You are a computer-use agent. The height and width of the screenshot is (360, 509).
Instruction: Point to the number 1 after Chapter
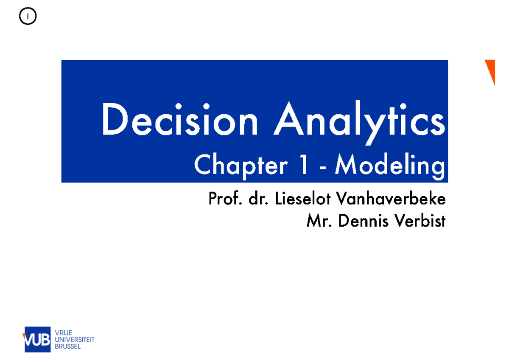[x=303, y=165]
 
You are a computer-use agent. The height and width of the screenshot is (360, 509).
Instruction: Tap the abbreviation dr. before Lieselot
[x=258, y=198]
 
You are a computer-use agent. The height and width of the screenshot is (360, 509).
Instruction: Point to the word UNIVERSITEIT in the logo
[x=75, y=340]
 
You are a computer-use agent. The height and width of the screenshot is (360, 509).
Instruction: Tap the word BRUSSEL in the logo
[x=68, y=346]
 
